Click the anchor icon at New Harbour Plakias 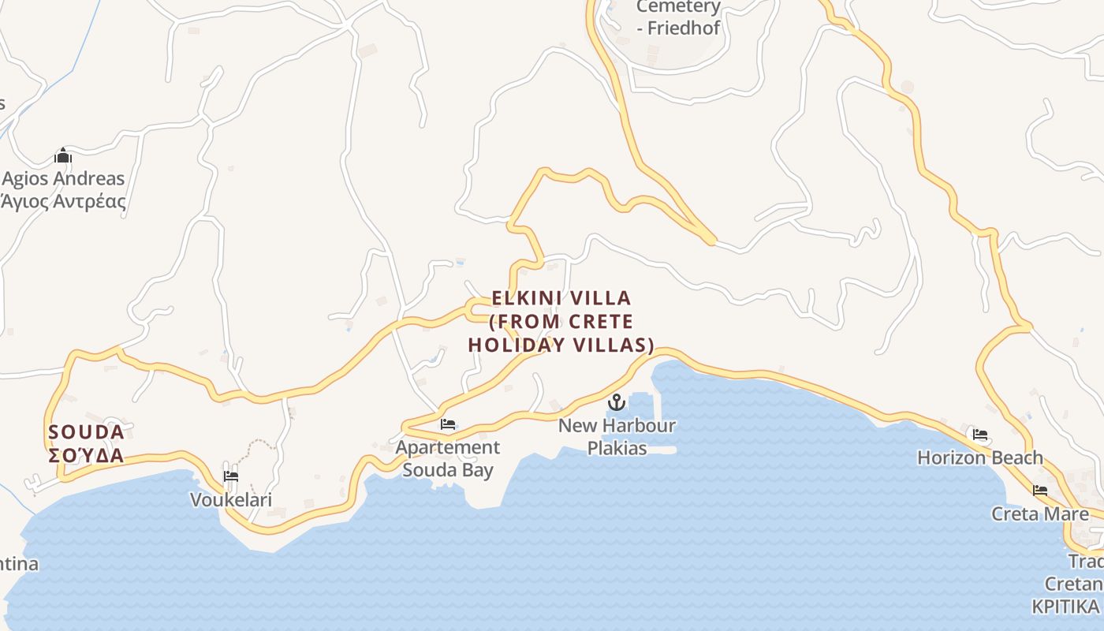(x=616, y=403)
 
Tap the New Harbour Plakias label (x=617, y=437)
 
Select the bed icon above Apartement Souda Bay (x=448, y=424)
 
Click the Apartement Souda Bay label (x=447, y=458)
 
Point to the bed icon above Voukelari (x=230, y=476)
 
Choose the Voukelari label (x=231, y=499)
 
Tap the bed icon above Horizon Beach (x=979, y=434)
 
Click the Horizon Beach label (x=979, y=457)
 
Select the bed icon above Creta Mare (x=1040, y=491)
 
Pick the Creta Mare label (x=1039, y=514)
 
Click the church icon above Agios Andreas (x=63, y=155)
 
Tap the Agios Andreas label (x=63, y=179)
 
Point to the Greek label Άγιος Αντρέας (x=63, y=201)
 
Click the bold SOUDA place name (x=87, y=432)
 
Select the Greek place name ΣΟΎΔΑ (x=87, y=456)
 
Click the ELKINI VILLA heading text (x=561, y=298)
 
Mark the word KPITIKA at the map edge (x=1065, y=607)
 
